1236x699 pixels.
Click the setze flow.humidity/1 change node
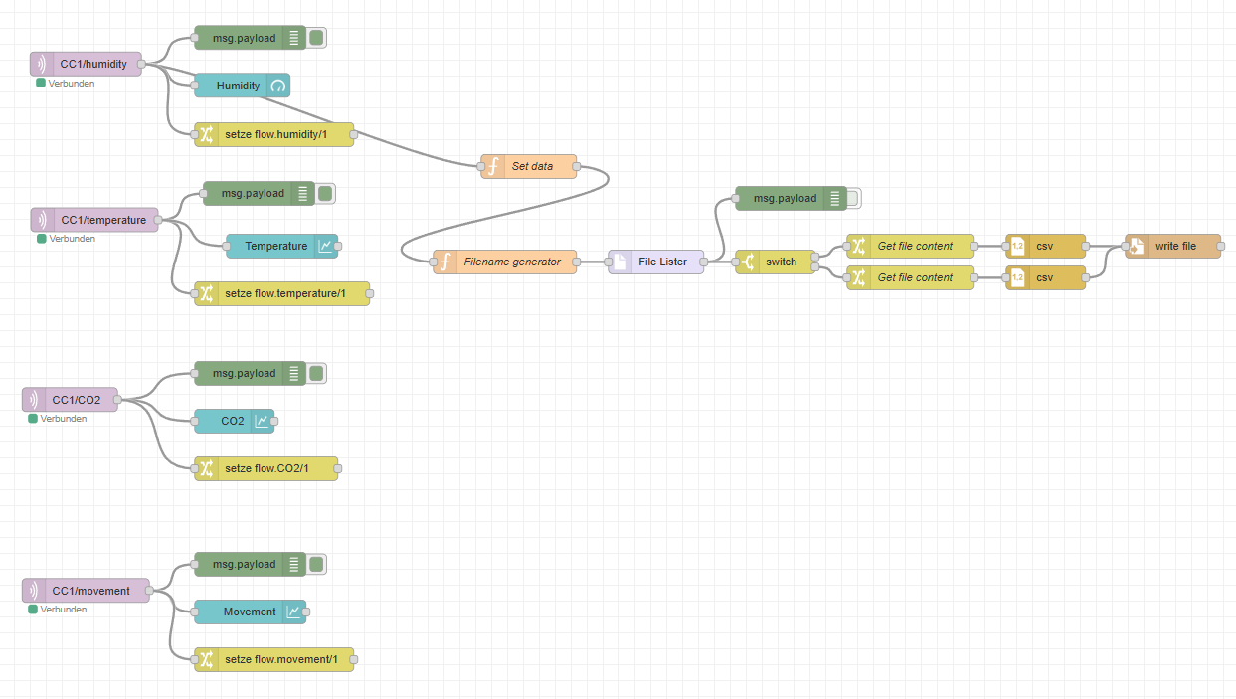[x=273, y=134]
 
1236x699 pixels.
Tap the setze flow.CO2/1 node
[x=265, y=468]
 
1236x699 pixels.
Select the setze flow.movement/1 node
[x=273, y=658]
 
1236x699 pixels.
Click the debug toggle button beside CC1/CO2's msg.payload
[x=317, y=373]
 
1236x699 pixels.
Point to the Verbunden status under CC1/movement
[x=63, y=610]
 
